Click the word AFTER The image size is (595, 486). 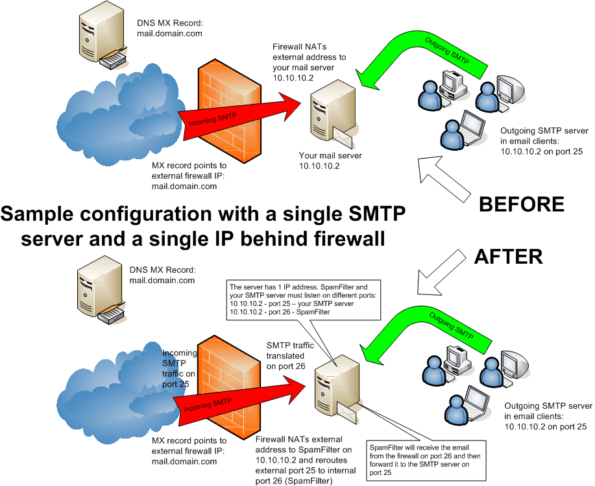tap(508, 256)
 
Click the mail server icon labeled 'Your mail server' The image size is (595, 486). tap(332, 114)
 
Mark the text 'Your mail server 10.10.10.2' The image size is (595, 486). tap(330, 160)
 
